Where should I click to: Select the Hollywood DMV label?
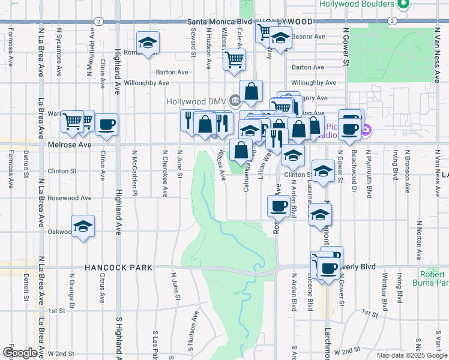click(x=198, y=100)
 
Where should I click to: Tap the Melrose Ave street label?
click(x=70, y=145)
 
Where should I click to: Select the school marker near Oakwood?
click(x=83, y=227)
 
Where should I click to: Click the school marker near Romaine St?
click(x=147, y=43)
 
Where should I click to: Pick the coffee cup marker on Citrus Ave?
click(x=106, y=124)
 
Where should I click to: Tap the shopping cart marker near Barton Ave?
click(x=234, y=59)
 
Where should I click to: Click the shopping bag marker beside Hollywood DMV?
click(x=252, y=92)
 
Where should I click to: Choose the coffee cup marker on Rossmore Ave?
click(x=278, y=206)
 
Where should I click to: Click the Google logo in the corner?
click(x=19, y=353)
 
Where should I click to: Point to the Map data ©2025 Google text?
click(x=412, y=355)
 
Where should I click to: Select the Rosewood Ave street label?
click(x=70, y=197)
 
